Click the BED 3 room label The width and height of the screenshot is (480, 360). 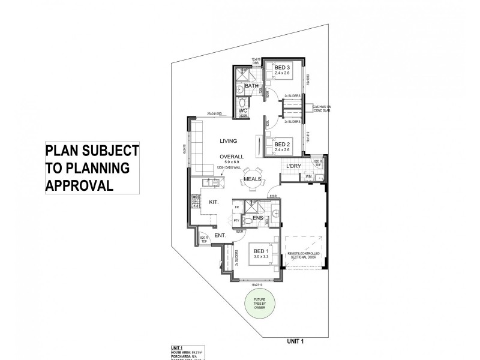tap(282, 68)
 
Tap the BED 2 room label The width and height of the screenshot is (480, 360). tap(282, 144)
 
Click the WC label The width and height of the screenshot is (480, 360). tap(243, 111)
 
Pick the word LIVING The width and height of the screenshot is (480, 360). tap(228, 141)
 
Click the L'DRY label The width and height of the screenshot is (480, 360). tap(293, 166)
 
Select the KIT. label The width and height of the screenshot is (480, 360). tap(214, 203)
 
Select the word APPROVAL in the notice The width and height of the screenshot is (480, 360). tap(80, 184)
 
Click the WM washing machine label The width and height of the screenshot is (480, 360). tap(308, 176)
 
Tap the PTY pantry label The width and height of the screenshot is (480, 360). tap(236, 221)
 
